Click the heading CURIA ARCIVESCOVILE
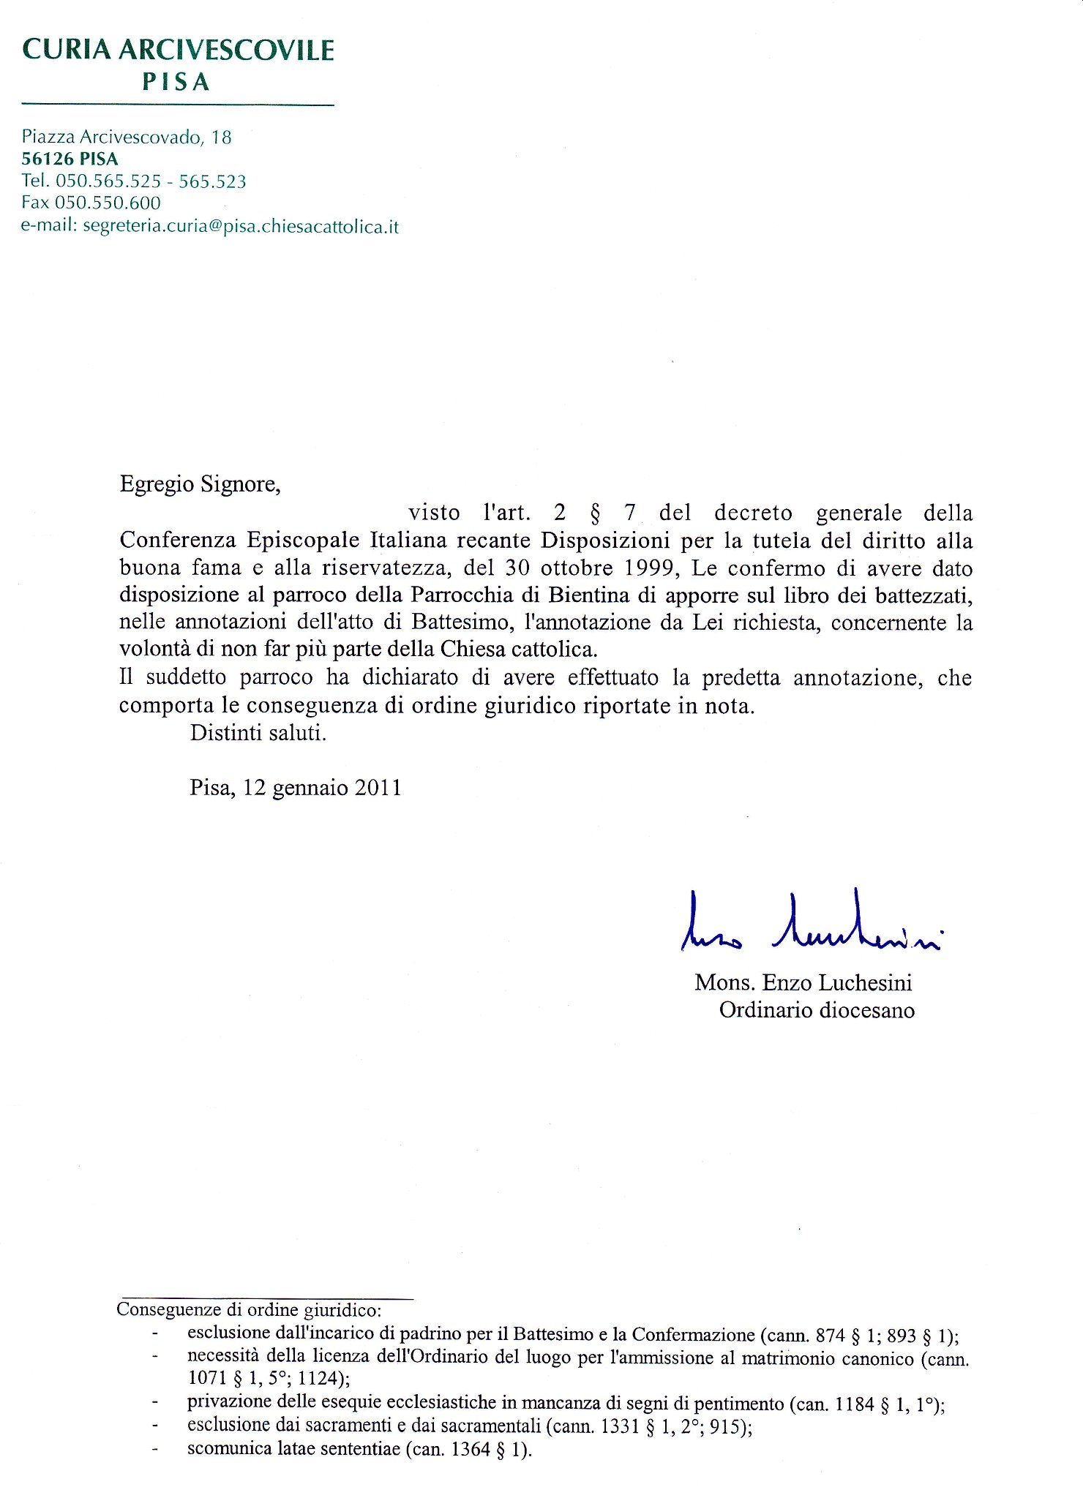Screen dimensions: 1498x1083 (x=179, y=50)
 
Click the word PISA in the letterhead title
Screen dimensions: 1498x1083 (x=176, y=83)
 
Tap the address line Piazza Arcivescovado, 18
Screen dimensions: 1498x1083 (x=127, y=137)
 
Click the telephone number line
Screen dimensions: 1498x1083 (x=134, y=181)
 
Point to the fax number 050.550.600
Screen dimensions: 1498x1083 (x=107, y=203)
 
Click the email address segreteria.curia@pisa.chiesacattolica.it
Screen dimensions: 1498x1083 (x=241, y=226)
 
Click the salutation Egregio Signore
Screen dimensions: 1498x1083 (x=200, y=484)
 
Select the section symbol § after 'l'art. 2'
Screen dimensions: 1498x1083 (x=594, y=513)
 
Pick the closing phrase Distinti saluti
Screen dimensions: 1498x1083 (x=258, y=732)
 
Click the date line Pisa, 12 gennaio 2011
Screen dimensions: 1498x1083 (x=296, y=787)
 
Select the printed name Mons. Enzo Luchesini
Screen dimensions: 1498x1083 (x=803, y=982)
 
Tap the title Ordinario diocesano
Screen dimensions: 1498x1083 (x=817, y=1010)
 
